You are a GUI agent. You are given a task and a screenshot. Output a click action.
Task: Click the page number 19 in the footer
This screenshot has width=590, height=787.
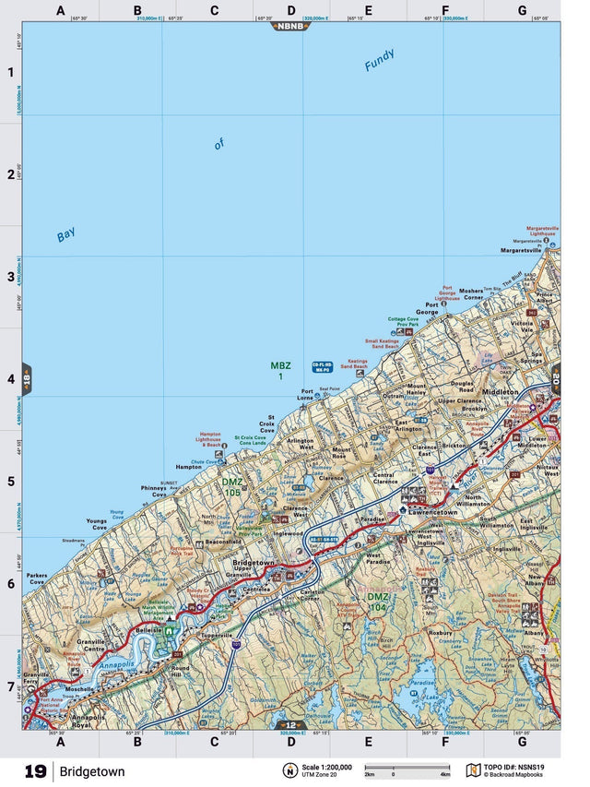(x=35, y=770)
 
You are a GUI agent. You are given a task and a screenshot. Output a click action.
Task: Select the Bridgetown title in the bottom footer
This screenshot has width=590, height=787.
(x=93, y=770)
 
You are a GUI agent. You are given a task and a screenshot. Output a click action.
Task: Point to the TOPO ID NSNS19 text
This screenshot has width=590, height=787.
(x=521, y=766)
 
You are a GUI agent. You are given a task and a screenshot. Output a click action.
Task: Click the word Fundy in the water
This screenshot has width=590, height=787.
(x=379, y=60)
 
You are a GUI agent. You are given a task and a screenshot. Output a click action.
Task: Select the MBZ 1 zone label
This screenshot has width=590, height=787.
(x=280, y=371)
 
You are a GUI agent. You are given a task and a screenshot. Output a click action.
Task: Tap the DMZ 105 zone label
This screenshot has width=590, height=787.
(x=232, y=487)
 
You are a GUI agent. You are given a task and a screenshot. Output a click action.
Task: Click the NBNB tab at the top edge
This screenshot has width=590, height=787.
(x=290, y=26)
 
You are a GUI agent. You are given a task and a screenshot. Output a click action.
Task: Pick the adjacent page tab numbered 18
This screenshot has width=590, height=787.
(x=27, y=379)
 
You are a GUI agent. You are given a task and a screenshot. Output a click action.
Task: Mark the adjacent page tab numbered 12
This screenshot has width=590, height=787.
(x=290, y=725)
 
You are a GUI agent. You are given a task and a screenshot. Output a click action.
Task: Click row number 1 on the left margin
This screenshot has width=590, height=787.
(x=11, y=73)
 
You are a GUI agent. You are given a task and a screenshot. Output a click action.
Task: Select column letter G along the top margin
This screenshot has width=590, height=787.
(x=522, y=11)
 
